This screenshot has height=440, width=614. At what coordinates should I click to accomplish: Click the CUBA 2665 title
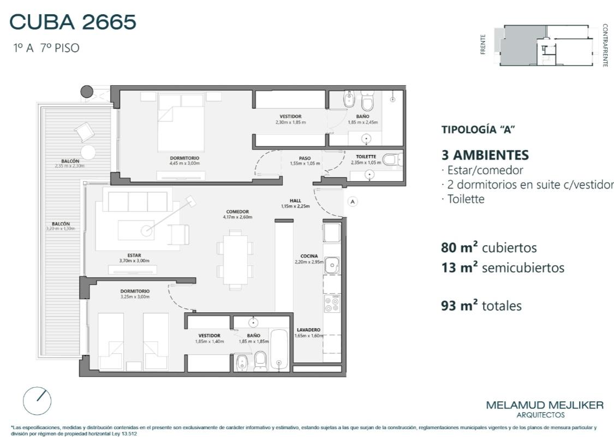[x=73, y=22]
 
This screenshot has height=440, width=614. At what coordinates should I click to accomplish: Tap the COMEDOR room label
[x=237, y=212]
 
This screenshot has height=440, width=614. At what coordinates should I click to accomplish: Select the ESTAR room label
[x=134, y=255]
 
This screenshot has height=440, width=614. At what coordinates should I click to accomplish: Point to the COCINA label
[x=309, y=256]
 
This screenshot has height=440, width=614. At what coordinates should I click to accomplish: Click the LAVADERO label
[x=308, y=330]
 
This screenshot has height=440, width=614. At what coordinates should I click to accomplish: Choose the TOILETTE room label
[x=366, y=157]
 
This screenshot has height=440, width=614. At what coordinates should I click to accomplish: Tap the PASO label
[x=305, y=158]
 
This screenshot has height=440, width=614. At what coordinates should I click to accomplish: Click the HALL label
[x=295, y=200]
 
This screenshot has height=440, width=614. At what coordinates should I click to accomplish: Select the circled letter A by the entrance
[x=353, y=202]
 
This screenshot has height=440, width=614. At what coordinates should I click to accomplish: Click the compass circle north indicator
[x=37, y=401]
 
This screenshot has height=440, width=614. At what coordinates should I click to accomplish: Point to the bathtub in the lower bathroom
[x=279, y=350]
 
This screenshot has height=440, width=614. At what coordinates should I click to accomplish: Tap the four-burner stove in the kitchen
[x=332, y=304]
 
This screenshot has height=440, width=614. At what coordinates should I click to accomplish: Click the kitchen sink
[x=332, y=265]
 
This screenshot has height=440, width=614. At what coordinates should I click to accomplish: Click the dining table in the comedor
[x=235, y=259]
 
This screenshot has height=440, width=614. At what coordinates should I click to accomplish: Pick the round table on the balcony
[x=88, y=152]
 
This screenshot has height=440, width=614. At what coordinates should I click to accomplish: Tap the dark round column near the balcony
[x=87, y=92]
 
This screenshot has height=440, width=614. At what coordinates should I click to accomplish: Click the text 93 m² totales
[x=481, y=305]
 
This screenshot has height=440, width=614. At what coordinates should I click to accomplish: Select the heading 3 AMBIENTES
[x=485, y=155]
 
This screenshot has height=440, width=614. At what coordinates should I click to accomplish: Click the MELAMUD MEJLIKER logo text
[x=545, y=405]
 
